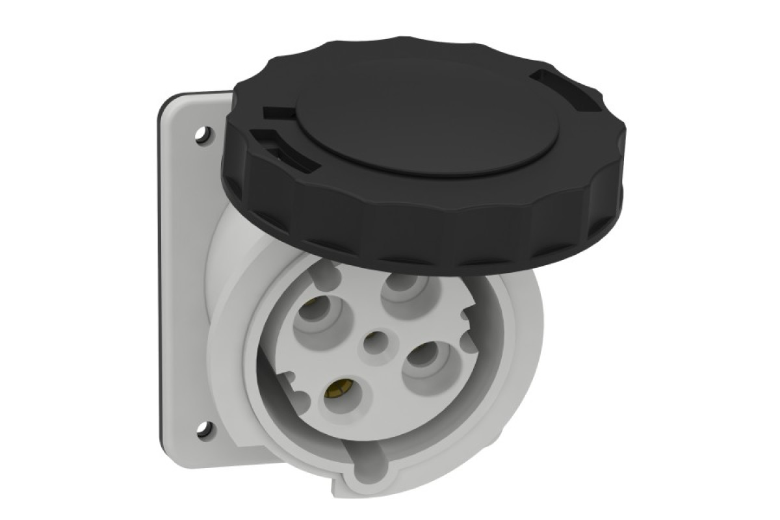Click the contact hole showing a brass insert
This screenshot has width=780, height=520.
point(337,390)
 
